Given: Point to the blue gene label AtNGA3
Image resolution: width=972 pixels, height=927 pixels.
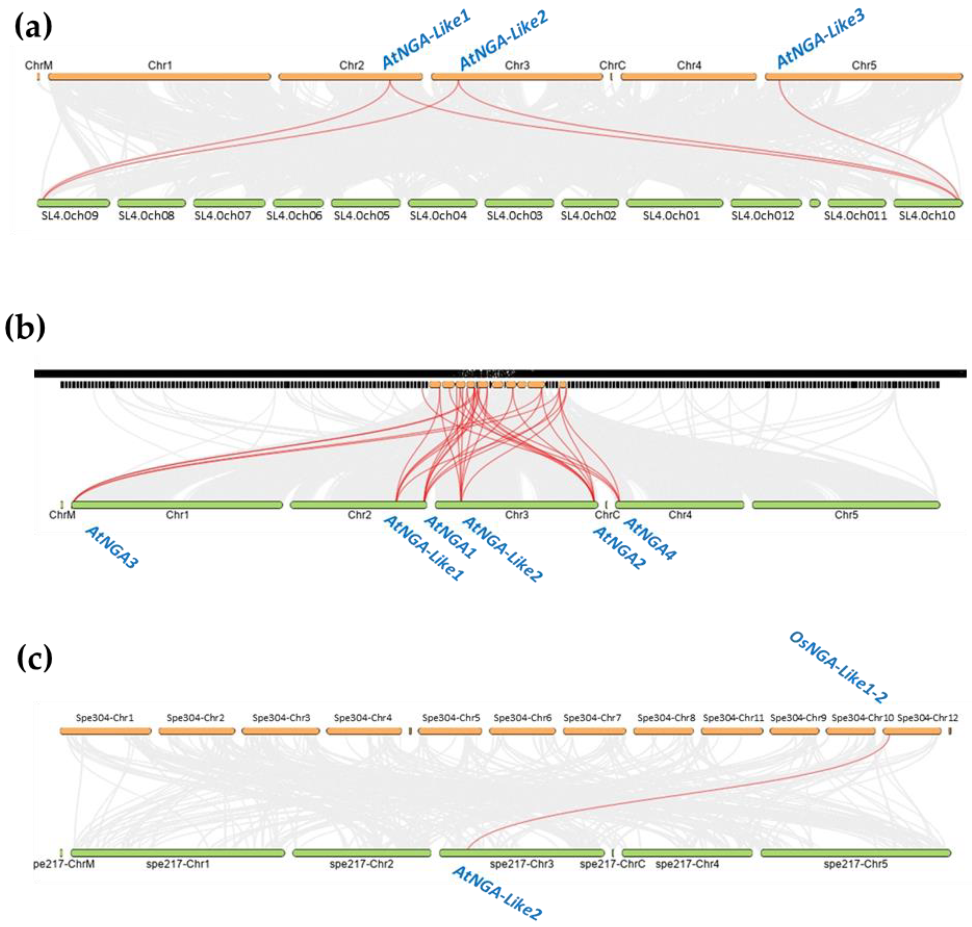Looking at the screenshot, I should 112,547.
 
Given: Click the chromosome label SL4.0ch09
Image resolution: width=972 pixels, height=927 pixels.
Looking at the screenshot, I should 70,216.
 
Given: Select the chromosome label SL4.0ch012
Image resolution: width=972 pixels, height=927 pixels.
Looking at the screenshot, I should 762,216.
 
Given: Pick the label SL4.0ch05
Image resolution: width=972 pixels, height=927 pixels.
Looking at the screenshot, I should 362,216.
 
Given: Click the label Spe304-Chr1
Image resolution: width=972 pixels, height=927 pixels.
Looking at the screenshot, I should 105,717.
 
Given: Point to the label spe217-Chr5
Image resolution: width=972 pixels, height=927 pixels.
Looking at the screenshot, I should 855,864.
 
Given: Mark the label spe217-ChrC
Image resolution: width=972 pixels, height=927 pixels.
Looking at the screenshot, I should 612,864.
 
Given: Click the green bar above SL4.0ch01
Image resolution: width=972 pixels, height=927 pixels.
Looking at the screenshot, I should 674,203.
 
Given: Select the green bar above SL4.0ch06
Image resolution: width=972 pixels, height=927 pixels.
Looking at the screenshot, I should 298,203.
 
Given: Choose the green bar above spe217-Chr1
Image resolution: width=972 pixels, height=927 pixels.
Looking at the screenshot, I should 178,853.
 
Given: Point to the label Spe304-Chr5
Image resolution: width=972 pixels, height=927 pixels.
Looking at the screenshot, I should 451,717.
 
